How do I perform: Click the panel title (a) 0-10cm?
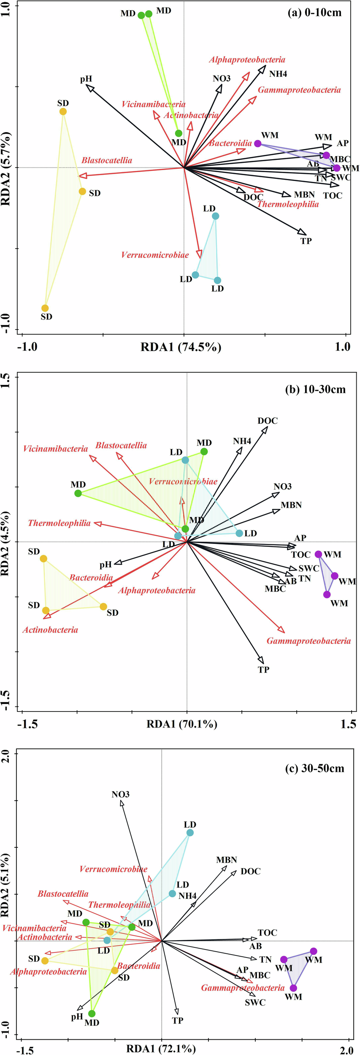coord(314,13)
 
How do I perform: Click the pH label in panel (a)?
coord(86,79)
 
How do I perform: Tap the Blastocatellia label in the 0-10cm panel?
coord(107,160)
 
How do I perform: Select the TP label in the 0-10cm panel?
coord(306,241)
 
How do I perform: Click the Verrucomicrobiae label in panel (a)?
coord(155,255)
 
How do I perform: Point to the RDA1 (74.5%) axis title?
coord(181,347)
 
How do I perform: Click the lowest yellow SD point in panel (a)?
coord(45,308)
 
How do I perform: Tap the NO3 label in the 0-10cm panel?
coord(222,78)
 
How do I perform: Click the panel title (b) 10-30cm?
coord(315,389)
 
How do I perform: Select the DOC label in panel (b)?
coord(268,421)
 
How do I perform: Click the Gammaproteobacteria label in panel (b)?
coord(309,641)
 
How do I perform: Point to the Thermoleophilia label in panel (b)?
coord(60,523)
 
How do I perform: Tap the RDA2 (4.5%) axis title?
coord(5,544)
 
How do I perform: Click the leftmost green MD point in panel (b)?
coord(78,493)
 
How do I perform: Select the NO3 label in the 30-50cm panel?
coord(121,794)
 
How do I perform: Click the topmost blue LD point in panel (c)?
coord(190,833)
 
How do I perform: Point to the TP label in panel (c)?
coord(178,1020)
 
